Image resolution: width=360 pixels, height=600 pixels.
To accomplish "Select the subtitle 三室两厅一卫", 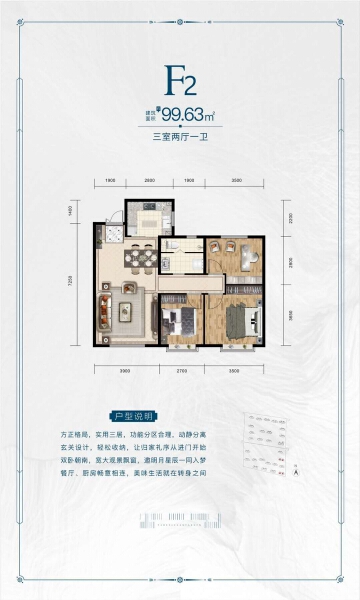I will pyautogui.click(x=180, y=139).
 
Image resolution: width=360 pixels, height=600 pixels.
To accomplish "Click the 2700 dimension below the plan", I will pyautogui.click(x=182, y=369).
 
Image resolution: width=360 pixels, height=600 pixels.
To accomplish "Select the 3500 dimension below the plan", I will pyautogui.click(x=235, y=369).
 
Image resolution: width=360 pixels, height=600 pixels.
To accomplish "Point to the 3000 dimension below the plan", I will pyautogui.click(x=126, y=369).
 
